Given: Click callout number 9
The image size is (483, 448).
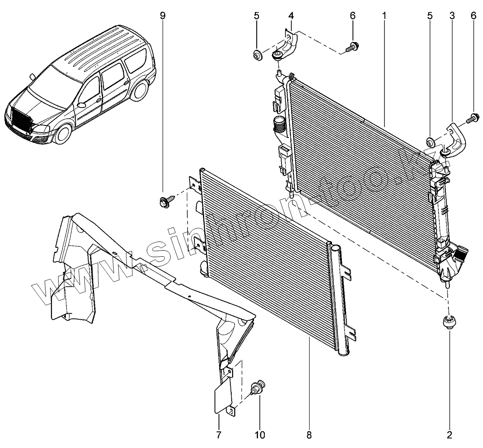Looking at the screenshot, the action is (162, 15).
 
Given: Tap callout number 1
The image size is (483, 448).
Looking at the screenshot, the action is (384, 15).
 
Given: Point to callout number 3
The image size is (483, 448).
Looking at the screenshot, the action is (452, 16).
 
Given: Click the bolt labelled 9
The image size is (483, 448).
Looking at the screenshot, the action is (164, 201).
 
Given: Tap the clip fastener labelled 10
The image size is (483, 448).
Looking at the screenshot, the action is (258, 386).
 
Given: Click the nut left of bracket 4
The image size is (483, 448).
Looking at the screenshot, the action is (258, 56).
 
